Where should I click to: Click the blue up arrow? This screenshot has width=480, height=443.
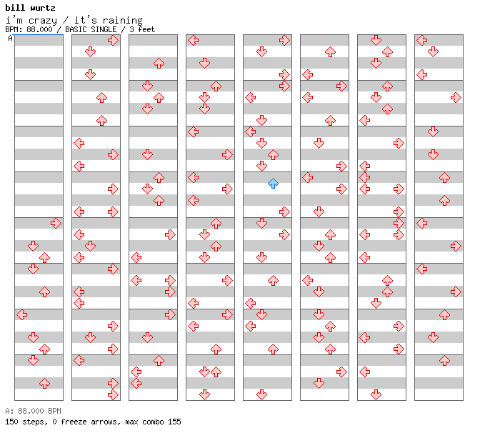pos(273,184)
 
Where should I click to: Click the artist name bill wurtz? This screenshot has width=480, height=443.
pos(30,8)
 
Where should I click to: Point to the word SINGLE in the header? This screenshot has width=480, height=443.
pos(104,29)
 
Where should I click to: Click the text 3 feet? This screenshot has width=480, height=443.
pos(142,29)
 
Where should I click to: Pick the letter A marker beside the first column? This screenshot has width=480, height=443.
pos(11,38)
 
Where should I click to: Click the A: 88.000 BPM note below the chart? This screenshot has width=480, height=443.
pos(33,411)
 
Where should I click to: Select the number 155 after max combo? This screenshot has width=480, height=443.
pos(174,422)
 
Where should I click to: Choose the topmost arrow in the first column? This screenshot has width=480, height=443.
pos(56,223)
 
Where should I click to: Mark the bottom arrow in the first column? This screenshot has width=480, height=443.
pos(45,383)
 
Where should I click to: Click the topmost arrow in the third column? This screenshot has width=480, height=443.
pos(159,64)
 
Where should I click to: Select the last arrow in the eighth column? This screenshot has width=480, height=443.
pos(444,361)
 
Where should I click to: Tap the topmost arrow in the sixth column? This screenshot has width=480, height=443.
pos(330,51)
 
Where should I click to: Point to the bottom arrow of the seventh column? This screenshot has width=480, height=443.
pos(376,394)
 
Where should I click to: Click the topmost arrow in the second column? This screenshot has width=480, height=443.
pos(114,41)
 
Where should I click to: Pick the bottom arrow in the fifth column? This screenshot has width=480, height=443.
pos(261,394)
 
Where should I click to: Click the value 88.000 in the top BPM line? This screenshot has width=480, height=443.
pos(39,29)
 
